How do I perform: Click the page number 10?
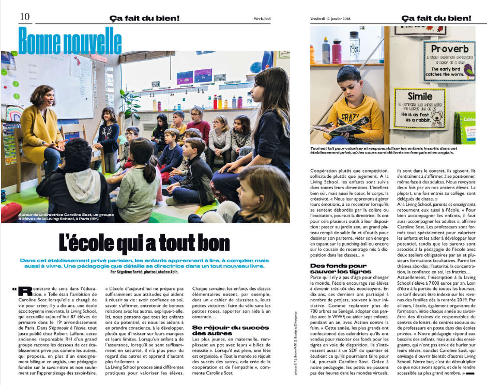pyautogui.click(x=25, y=17)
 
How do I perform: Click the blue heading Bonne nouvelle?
pyautogui.click(x=70, y=39)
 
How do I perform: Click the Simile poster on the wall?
pyautogui.click(x=419, y=108)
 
